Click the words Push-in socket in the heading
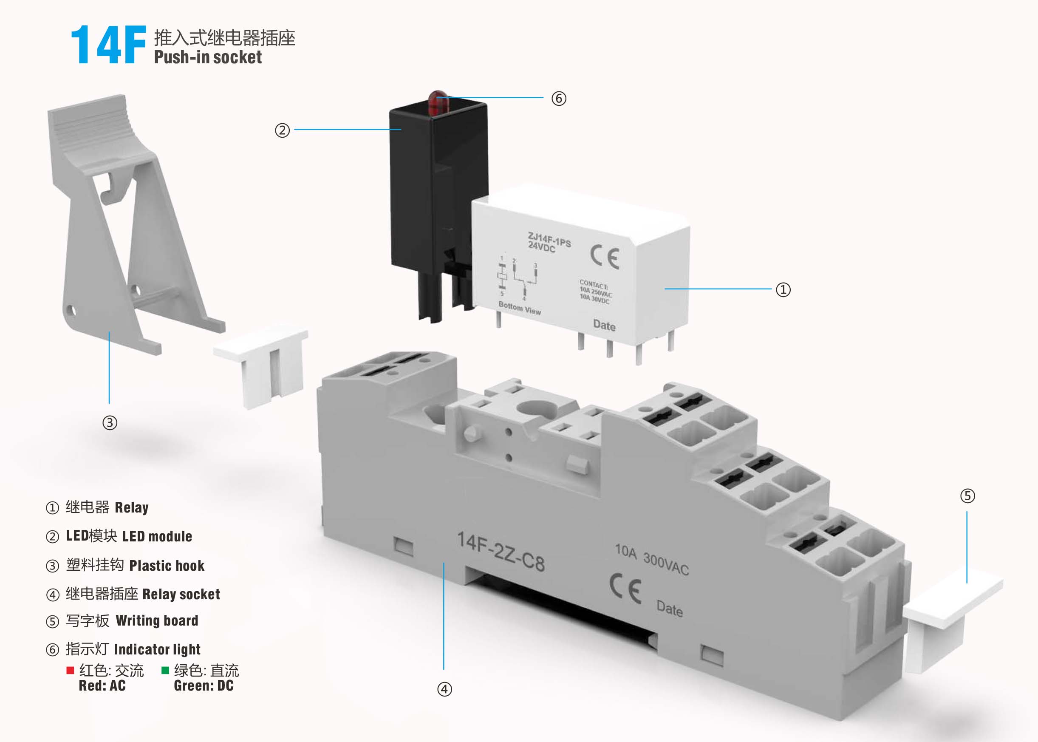[208, 57]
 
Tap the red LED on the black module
[438, 102]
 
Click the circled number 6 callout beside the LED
[559, 98]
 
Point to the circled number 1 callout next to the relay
[783, 290]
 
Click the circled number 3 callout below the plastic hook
[110, 422]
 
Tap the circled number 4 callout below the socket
[444, 689]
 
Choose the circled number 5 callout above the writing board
[967, 496]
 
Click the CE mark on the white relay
[605, 257]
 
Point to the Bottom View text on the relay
[520, 308]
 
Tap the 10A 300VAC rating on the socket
[651, 559]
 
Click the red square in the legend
[70, 670]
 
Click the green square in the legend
[165, 670]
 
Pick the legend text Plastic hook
[167, 566]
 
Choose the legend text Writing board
[157, 620]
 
